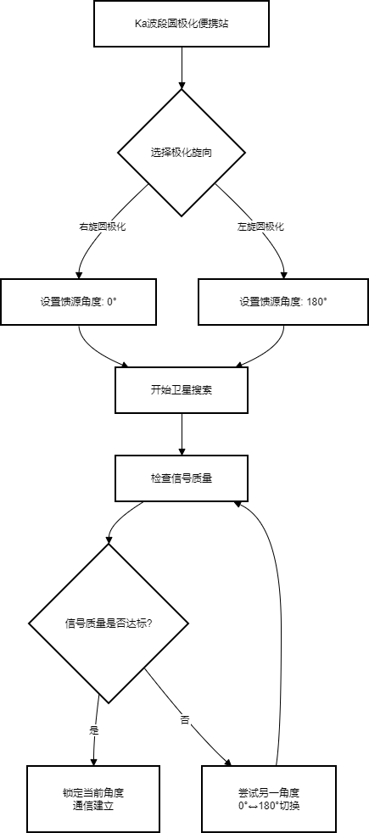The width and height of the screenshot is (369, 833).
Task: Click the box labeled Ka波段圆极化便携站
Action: pyautogui.click(x=181, y=24)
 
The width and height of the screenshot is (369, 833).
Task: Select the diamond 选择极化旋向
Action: pyautogui.click(x=181, y=153)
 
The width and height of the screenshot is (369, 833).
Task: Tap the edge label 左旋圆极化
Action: pyautogui.click(x=260, y=226)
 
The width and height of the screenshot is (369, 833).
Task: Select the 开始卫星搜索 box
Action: pyautogui.click(x=181, y=390)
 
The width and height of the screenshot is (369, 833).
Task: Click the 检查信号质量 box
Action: pyautogui.click(x=181, y=478)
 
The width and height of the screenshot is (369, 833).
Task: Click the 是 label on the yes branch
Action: pyautogui.click(x=93, y=730)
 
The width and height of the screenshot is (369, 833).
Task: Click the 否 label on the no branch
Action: pyautogui.click(x=184, y=719)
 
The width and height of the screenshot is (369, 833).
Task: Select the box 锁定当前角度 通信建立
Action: pyautogui.click(x=93, y=798)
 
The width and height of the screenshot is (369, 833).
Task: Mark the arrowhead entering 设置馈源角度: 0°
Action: pyautogui.click(x=79, y=274)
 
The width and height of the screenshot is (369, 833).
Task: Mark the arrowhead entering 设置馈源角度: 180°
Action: pyautogui.click(x=283, y=274)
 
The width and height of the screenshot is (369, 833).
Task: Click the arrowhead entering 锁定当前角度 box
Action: pyautogui.click(x=93, y=761)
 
